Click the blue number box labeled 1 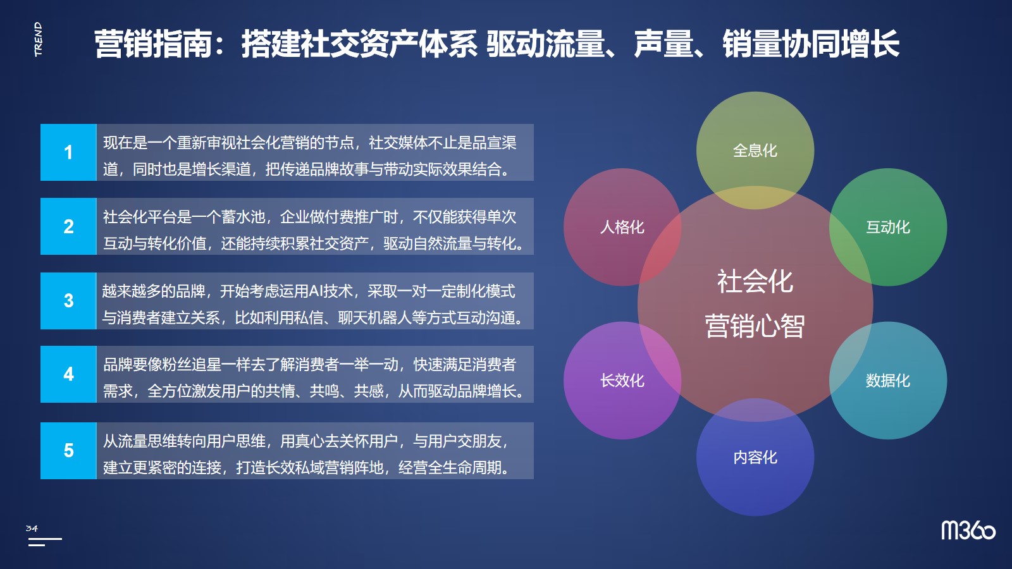[68, 152]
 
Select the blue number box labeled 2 [68, 226]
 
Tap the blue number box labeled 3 [68, 301]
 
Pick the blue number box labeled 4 [68, 374]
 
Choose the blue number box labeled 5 [68, 451]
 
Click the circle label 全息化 [755, 150]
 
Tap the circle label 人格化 [622, 227]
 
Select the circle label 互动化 [888, 227]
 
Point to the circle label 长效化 [622, 380]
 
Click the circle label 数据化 [888, 380]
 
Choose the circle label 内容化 [755, 458]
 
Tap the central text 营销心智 [755, 326]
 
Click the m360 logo [968, 530]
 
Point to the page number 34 [32, 529]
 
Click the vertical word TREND [39, 39]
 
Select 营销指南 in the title [152, 44]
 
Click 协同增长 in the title [841, 44]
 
